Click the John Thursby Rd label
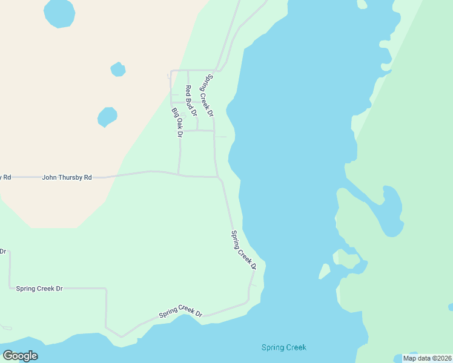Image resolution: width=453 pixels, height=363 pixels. pos(67,178)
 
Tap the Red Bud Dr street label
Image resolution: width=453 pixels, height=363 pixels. pos(191,100)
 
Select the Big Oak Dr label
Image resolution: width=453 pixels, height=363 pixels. pos(177,122)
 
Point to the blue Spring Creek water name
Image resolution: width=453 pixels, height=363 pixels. pos(283,347)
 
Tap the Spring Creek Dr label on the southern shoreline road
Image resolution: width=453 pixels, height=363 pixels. pos(180,312)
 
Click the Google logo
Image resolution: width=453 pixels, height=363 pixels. pos(20,356)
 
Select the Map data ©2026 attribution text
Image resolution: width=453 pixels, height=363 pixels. pos(428,358)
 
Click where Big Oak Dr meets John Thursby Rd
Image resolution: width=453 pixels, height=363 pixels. pos(179,175)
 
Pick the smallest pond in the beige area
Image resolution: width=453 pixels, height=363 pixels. pos(118,70)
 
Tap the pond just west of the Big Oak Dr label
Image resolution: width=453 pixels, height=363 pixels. pos(107,117)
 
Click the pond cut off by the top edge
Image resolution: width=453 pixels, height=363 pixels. pos(59,13)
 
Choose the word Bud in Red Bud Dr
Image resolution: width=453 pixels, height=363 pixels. pos(192,102)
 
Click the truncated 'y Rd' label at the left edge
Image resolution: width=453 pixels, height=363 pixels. pos(5,177)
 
